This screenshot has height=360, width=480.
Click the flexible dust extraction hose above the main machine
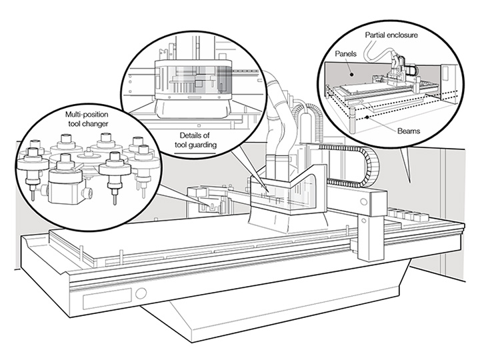point(279,127)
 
